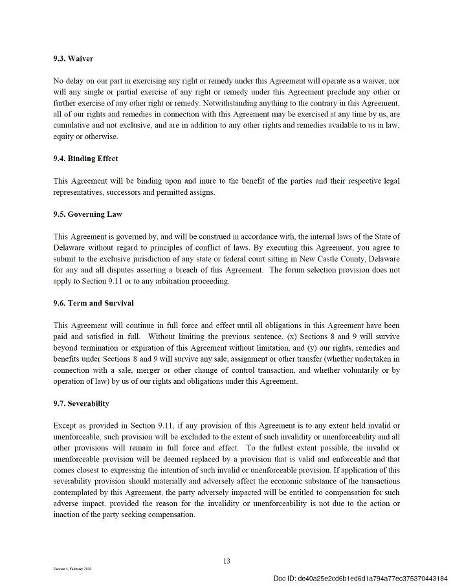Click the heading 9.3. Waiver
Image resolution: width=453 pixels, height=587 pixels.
(x=73, y=59)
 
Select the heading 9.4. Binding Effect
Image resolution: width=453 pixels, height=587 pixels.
(x=85, y=159)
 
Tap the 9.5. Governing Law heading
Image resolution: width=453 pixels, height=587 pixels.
(x=87, y=214)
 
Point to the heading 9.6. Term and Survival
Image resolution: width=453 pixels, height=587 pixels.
(x=93, y=304)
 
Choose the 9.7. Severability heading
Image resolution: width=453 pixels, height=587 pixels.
(x=81, y=404)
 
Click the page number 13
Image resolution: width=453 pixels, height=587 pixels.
(x=226, y=561)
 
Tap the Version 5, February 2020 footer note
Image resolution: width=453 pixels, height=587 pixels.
(x=72, y=569)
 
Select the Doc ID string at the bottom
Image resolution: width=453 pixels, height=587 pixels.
(x=360, y=578)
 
